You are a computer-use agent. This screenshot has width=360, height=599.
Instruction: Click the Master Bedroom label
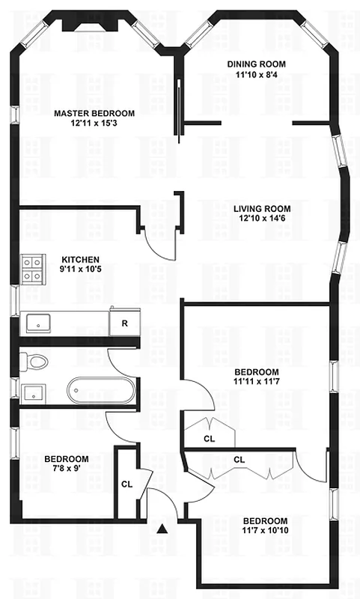(94, 113)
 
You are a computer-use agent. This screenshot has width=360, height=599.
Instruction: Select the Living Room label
(261, 208)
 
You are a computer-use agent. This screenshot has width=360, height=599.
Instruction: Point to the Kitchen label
(80, 260)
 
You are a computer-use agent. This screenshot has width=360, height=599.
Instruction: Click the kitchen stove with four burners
(33, 269)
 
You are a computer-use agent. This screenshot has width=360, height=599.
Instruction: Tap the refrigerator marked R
(124, 323)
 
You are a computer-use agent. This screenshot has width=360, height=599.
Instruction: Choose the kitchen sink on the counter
(37, 323)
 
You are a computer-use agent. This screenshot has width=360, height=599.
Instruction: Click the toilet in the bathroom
(34, 362)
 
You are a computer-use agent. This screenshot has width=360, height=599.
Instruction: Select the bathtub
(101, 390)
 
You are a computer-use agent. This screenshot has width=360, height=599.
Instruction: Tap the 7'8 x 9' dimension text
(67, 469)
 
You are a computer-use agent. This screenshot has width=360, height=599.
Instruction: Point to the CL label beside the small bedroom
(126, 484)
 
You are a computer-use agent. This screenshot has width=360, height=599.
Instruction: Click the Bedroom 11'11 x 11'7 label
(257, 372)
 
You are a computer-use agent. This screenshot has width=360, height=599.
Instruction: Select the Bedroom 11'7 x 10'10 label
(266, 520)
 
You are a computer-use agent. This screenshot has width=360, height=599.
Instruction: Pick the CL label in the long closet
(240, 459)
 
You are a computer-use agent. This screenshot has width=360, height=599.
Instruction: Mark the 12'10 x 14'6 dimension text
(261, 219)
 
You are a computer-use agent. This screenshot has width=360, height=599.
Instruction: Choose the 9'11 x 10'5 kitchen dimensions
(80, 270)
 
